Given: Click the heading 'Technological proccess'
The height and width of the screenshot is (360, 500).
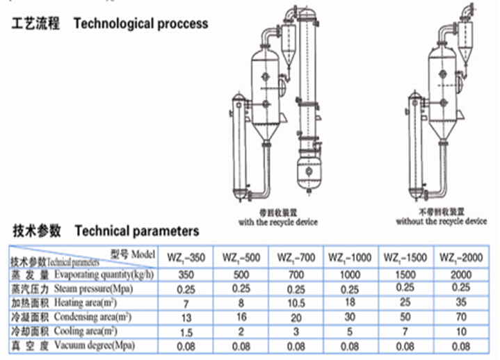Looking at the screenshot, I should pos(140,24).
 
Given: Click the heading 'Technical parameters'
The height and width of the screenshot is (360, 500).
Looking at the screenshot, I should pos(136,231).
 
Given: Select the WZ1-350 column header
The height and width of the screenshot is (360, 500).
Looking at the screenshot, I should pos(186,259).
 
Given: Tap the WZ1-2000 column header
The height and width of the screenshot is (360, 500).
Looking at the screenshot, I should pos(462,259).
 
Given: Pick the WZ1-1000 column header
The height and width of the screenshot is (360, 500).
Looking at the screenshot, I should pos(350,259).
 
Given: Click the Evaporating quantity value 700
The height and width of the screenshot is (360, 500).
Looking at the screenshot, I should pos(296,274).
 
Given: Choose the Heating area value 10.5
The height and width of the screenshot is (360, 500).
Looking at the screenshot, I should pos(296,303).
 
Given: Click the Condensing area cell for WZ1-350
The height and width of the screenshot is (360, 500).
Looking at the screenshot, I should pos(185,318).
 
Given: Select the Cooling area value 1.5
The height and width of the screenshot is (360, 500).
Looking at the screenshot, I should pos(185,332).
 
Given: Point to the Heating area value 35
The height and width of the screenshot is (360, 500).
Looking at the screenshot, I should pos(462,302).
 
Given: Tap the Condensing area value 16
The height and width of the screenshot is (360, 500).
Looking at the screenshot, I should pos(241,318).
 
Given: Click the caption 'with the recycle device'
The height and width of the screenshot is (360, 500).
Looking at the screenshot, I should pos(277,222).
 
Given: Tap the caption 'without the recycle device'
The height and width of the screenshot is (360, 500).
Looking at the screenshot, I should pos(441,222).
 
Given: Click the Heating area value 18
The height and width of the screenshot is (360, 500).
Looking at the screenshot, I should pos(350,303).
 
